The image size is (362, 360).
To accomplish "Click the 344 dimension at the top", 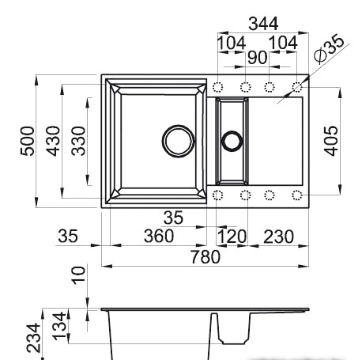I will (258, 25).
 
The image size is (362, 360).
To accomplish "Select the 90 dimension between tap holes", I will (258, 58).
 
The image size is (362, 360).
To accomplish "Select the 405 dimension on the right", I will (332, 141).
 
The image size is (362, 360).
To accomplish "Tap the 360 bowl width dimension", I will (159, 237).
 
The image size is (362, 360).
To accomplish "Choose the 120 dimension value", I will (232, 237).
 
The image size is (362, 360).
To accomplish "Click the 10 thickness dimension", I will (77, 276).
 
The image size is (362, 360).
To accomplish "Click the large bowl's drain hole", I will (178, 141).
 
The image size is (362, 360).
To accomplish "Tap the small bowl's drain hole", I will (232, 141).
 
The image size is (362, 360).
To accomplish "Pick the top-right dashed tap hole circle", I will (297, 86).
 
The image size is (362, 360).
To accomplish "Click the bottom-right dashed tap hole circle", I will (297, 195).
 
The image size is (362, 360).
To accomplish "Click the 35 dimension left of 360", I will (68, 237).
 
